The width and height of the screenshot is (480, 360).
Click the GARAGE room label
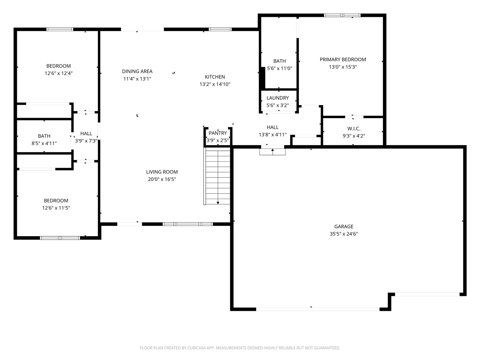tap(343, 226)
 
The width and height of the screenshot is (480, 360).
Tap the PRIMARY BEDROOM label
tap(343, 60)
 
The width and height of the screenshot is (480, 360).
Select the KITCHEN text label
tap(215, 77)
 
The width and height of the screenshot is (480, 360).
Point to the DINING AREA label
tap(137, 71)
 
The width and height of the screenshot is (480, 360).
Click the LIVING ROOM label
tap(162, 172)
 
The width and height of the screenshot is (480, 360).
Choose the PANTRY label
tap(218, 133)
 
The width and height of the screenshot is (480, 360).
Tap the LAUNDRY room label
tap(277, 98)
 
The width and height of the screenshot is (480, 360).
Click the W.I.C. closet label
tap(354, 129)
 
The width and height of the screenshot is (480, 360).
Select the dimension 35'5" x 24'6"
tap(343, 234)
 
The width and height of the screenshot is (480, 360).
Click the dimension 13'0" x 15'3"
tap(343, 67)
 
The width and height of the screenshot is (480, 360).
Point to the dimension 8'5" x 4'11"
tap(44, 143)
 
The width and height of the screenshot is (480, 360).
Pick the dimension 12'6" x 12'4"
tap(58, 73)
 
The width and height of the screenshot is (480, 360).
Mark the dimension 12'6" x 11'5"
tap(56, 208)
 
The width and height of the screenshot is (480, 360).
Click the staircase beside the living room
tap(217, 175)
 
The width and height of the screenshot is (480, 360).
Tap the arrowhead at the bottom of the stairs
tap(218, 203)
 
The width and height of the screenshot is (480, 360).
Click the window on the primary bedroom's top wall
tap(342, 15)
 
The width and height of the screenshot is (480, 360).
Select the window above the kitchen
tap(220, 29)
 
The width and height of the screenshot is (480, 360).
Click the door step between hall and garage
tap(273, 152)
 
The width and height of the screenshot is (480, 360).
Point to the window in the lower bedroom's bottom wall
tap(60, 238)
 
